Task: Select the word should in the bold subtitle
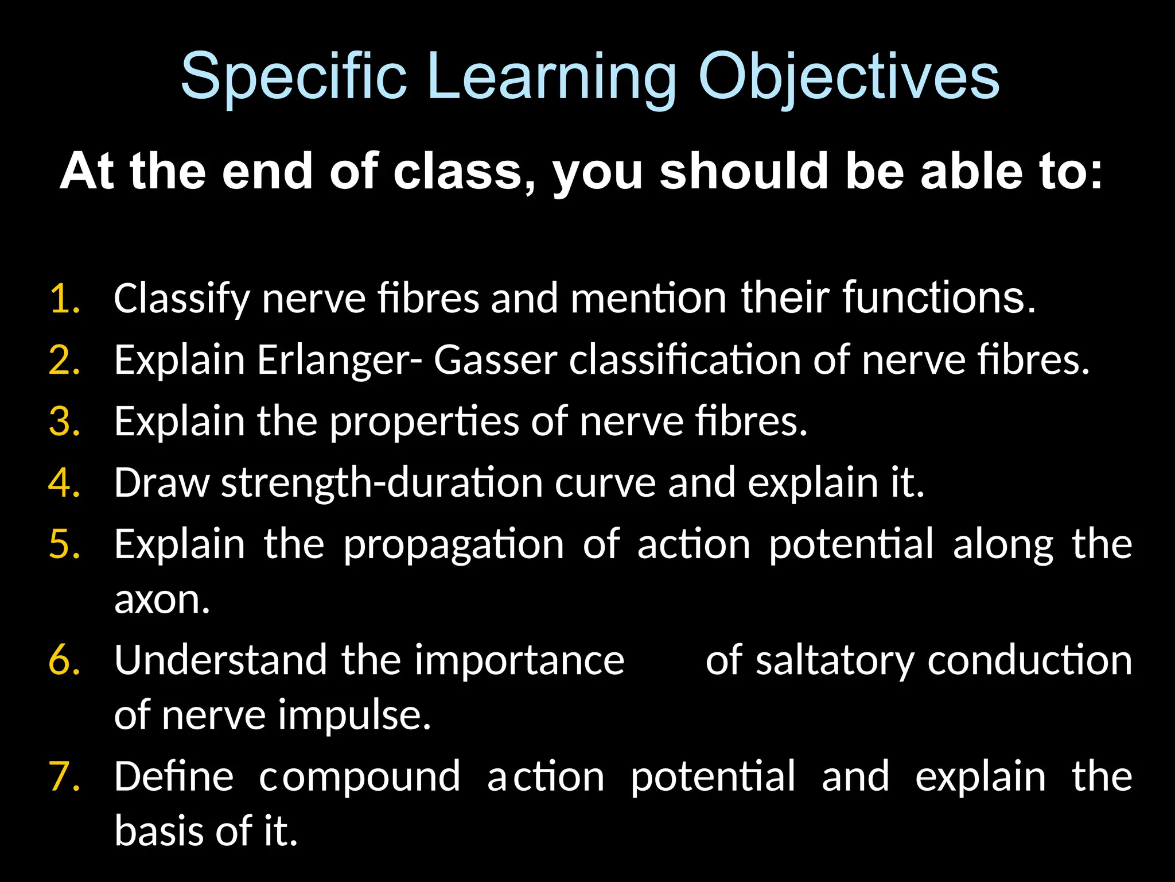coord(744,171)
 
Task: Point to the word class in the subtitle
coord(464,171)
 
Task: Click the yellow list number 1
coord(64,299)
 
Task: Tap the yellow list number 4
coord(64,483)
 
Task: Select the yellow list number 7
coord(64,777)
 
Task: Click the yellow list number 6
coord(64,660)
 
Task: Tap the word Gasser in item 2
coord(495,361)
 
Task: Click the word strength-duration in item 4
coord(382,483)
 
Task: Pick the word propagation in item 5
coord(453,544)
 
